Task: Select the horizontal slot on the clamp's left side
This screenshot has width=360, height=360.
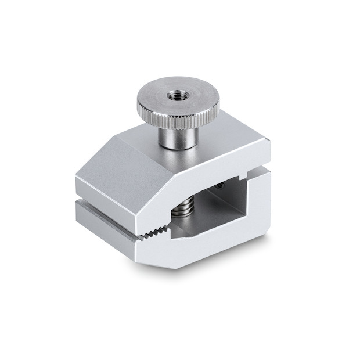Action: click(105, 199)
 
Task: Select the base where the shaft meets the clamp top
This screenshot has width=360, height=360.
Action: click(177, 145)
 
